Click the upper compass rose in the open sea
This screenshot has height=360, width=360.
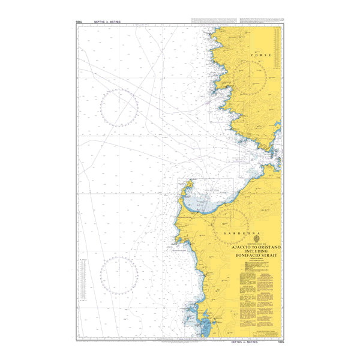pyautogui.click(x=119, y=108)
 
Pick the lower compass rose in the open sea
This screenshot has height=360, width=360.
pyautogui.click(x=119, y=275)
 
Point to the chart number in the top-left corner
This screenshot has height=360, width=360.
pyautogui.click(x=79, y=22)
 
